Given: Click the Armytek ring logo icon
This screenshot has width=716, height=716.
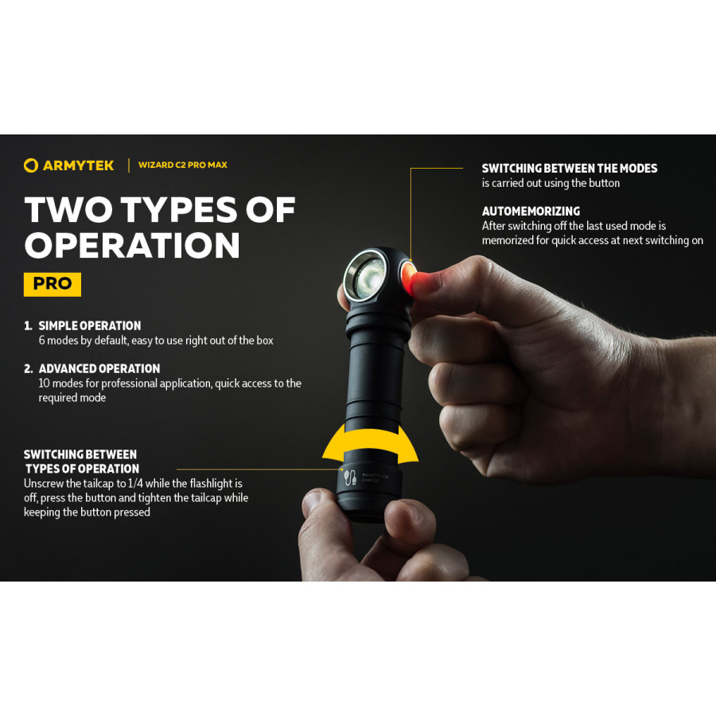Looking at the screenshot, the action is [x=30, y=165].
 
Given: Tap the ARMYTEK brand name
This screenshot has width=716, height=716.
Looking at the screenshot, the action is [x=78, y=165].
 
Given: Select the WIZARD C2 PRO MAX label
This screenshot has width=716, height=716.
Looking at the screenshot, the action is [x=183, y=165].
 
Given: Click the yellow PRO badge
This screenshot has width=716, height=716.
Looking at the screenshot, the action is [x=53, y=284].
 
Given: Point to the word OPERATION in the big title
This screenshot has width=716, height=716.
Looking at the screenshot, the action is [x=132, y=245].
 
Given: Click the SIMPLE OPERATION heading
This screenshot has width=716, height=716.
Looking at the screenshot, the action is [x=90, y=325].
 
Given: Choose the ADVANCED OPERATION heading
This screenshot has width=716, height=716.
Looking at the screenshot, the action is [x=99, y=368].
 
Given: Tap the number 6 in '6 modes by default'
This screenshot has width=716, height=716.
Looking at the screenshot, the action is [x=42, y=340].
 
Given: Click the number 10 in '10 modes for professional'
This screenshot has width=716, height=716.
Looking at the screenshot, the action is [x=45, y=383].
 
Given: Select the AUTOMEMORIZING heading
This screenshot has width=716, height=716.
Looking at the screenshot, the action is [x=531, y=211].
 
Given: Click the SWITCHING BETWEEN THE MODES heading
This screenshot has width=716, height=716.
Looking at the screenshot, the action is [x=570, y=168].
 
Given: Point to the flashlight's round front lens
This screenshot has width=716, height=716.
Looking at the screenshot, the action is [x=366, y=276].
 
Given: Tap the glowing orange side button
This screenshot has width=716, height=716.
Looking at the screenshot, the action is [x=408, y=278].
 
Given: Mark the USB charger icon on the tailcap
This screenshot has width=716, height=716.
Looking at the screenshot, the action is [x=350, y=477].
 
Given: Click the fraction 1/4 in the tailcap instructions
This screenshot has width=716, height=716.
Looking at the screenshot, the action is [x=135, y=483].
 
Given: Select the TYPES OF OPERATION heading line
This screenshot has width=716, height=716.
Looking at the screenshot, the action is [x=82, y=469].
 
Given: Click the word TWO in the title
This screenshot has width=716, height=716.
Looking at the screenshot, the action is [x=68, y=209].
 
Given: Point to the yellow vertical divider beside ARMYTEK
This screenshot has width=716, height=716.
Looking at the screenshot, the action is [x=129, y=165].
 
